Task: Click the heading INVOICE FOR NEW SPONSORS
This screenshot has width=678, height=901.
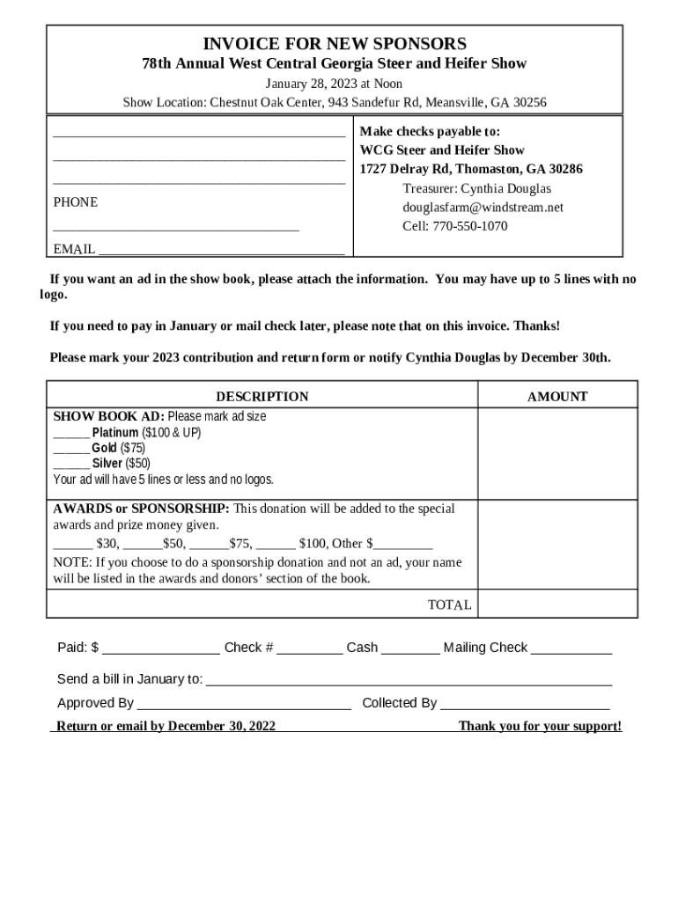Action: point(335,44)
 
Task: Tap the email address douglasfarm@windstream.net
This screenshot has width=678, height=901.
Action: point(483,208)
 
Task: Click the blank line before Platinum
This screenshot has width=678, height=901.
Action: point(71,434)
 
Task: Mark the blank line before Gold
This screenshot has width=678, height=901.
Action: point(71,449)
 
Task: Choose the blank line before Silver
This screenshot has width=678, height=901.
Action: point(71,464)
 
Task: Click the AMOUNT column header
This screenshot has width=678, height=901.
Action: point(556,397)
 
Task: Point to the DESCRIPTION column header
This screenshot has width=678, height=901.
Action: point(262,397)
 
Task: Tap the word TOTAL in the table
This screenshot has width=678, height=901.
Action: point(449,605)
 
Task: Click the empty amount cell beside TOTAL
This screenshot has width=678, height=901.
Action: point(557,604)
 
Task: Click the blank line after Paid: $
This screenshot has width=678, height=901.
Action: point(161,649)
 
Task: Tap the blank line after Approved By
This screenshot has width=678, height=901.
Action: point(244,705)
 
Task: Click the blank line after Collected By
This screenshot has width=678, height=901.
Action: point(525,705)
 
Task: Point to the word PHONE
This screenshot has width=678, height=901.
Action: point(76,202)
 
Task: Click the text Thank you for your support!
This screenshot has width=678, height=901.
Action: point(540,727)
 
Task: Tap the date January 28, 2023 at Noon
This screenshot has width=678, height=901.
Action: point(335,84)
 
